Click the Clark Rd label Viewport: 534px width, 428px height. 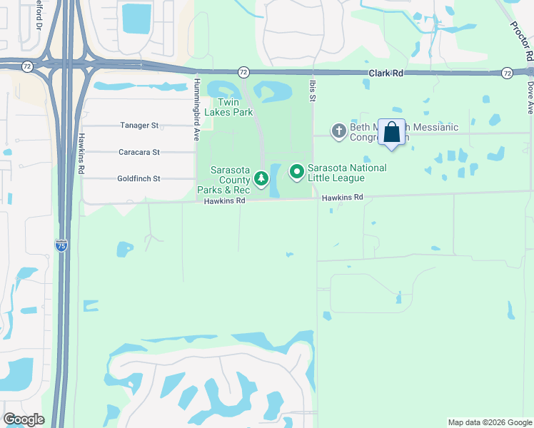tap(387, 73)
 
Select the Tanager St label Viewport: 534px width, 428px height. tap(138, 126)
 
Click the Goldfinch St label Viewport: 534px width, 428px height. tap(138, 178)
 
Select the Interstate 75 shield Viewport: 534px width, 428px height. tap(62, 246)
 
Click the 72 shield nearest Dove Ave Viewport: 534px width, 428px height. tap(507, 73)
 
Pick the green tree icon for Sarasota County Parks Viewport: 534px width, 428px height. tap(261, 178)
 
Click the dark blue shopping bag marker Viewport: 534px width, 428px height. tap(391, 133)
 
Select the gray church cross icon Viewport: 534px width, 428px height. tap(338, 131)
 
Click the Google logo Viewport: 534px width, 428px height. tap(24, 419)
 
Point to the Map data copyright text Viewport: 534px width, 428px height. tap(489, 422)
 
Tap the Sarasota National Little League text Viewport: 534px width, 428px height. tap(347, 173)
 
